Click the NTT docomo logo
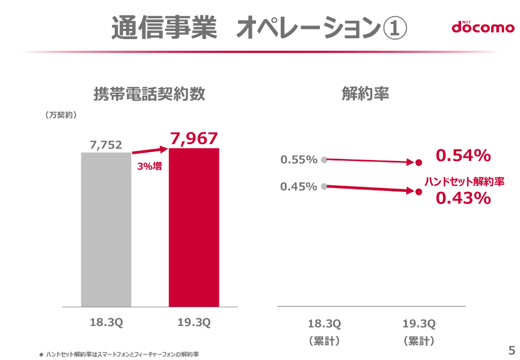pos(483,27)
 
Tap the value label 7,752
pos(106,145)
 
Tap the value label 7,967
pos(194,138)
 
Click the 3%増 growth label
pos(150,166)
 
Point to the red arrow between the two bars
pos(150,150)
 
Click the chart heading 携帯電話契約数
pos(149,94)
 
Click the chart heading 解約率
pos(365,94)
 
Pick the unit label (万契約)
pos(61,115)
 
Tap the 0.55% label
pos(299,160)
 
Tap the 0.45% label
pos(299,187)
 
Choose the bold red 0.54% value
pos(463,156)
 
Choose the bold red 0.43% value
pos(463,198)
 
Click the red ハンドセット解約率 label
pos(464,181)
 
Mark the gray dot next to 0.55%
pos(323,159)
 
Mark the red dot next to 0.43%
pos(418,192)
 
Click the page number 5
pos(511,350)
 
